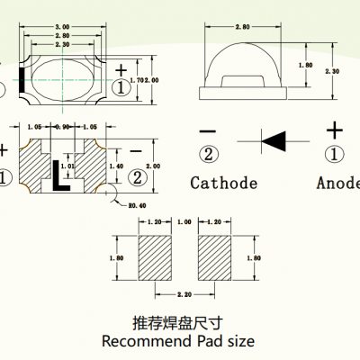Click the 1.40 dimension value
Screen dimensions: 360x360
114,166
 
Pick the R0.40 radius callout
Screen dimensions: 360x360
137,206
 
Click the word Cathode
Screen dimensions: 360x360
223,184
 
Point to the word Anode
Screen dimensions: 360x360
337,184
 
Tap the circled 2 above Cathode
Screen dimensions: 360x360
209,152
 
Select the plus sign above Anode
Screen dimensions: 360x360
334,129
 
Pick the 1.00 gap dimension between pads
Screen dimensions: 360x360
185,221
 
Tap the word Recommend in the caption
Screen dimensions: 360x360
144,342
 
